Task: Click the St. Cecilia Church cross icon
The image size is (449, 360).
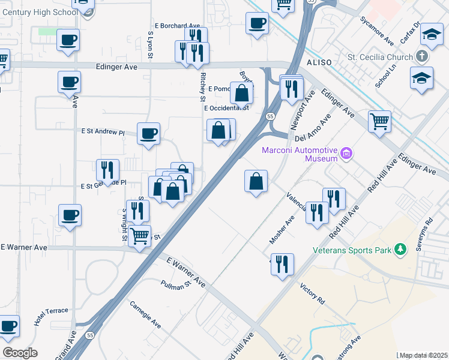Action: pos(422,58)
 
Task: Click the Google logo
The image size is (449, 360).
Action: pos(19,352)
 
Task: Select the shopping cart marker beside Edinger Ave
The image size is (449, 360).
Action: pos(379,122)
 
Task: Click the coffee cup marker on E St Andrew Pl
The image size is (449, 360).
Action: pos(148,134)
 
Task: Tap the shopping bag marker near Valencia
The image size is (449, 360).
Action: pos(256,181)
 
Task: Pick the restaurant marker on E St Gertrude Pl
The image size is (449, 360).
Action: pos(107,170)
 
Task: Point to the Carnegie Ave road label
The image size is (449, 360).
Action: pos(146,314)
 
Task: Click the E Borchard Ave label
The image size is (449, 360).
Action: pos(177,26)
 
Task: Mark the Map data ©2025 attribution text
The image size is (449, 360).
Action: pos(423,355)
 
